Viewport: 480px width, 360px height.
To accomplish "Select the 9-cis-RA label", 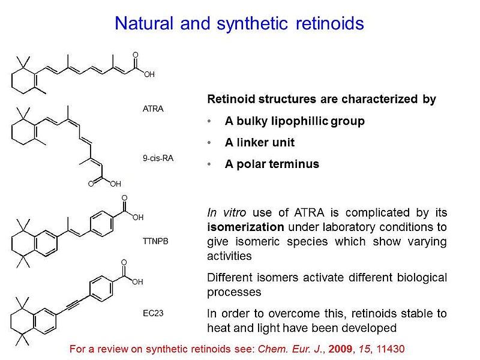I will pyautogui.click(x=158, y=158).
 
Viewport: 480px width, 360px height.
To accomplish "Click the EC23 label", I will pyautogui.click(x=154, y=313).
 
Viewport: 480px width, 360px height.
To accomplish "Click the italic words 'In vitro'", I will pyautogui.click(x=227, y=212).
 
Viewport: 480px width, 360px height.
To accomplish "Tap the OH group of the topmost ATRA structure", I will pyautogui.click(x=149, y=74).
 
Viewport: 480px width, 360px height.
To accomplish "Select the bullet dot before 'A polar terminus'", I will pyautogui.click(x=209, y=164).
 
